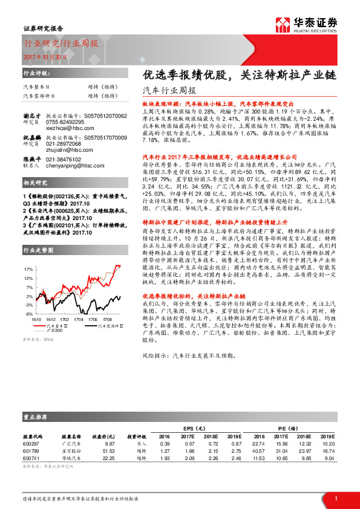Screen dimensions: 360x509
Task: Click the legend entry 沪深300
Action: [x=55, y=329]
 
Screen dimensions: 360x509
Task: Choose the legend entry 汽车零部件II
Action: [x=105, y=325]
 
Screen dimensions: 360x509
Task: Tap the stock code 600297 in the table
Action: [x=32, y=444]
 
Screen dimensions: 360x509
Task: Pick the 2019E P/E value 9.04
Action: [x=328, y=458]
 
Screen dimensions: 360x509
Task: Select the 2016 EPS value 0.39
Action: [x=163, y=444]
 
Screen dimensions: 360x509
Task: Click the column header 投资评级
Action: [x=136, y=436]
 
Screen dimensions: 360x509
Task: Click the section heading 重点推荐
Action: [x=36, y=417]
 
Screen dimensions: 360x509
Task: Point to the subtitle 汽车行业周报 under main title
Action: [x=164, y=91]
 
